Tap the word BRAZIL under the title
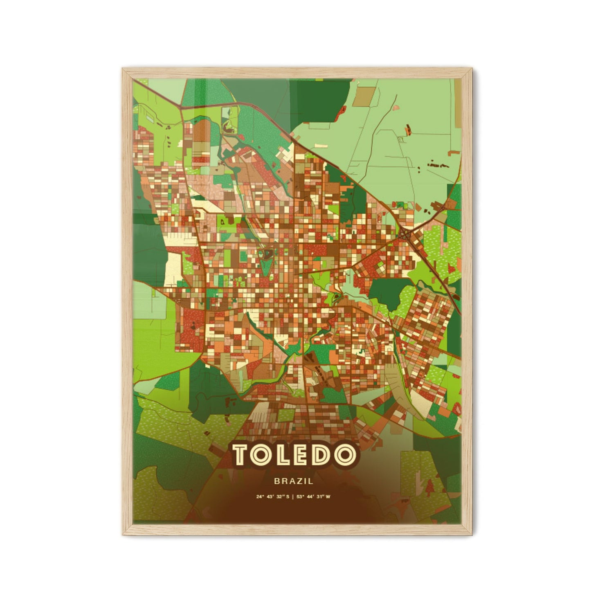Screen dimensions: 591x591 coord(294,482)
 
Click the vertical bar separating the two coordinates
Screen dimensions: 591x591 coord(293,497)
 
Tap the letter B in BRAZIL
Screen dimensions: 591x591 coord(277,482)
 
